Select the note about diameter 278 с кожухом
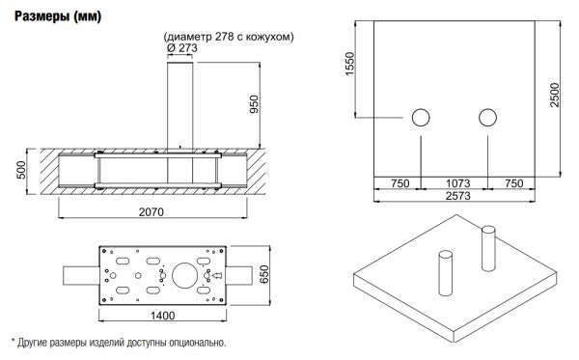coord(229,37)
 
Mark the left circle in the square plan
coord(422,118)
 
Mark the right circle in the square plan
coord(486,118)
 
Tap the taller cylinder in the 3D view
coord(488,248)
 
